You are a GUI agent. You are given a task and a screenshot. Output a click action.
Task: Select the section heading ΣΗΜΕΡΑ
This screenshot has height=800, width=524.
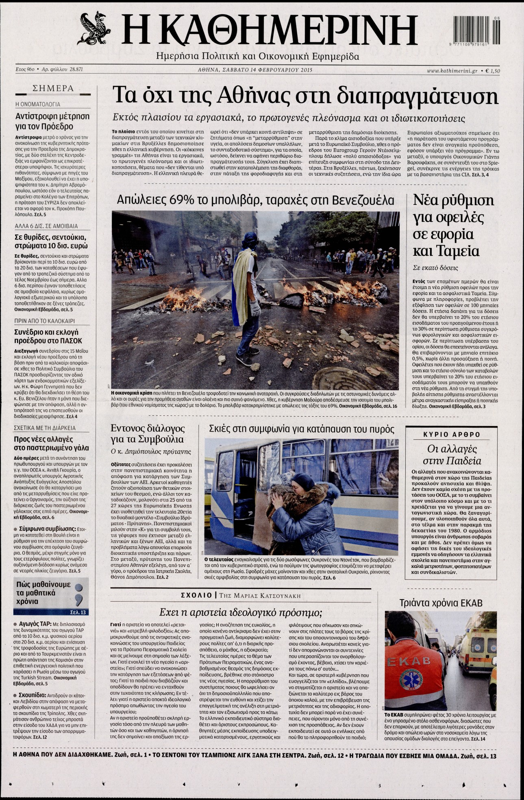[53, 88]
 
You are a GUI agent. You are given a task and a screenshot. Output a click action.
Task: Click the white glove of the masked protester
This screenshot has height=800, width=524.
[255, 308]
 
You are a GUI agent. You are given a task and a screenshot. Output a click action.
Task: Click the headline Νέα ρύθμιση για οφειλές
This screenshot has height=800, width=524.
[453, 225]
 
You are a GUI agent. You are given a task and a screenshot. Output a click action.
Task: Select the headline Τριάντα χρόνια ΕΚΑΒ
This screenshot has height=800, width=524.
[441, 603]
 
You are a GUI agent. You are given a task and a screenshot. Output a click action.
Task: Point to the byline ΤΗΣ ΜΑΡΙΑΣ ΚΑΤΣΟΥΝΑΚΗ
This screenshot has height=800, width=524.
[260, 596]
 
